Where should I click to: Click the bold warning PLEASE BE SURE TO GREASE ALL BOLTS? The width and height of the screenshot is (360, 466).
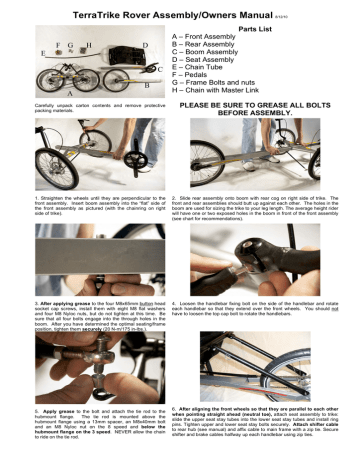tap(266, 104)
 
